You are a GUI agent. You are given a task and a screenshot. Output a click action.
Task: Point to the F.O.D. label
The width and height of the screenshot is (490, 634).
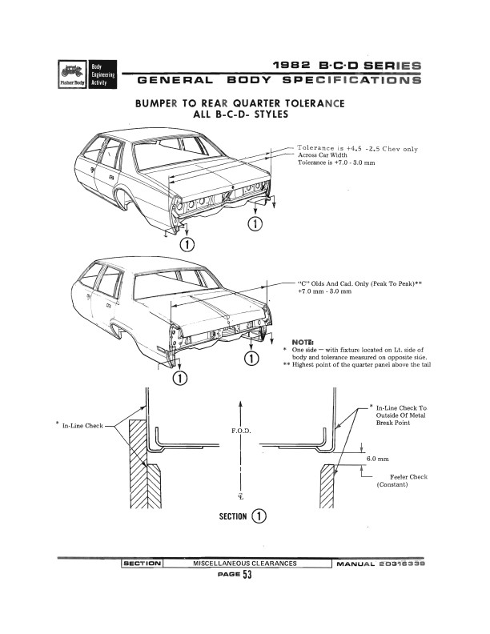click(240, 431)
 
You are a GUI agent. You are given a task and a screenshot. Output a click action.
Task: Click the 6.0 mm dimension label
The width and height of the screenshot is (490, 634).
click(377, 459)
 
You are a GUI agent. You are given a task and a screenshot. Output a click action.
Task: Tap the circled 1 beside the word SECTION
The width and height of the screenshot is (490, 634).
click(259, 517)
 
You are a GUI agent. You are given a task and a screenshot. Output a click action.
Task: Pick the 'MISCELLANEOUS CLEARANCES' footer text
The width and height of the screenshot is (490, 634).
click(245, 564)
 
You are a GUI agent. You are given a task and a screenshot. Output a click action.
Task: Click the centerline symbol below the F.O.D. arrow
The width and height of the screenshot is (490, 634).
click(240, 496)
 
